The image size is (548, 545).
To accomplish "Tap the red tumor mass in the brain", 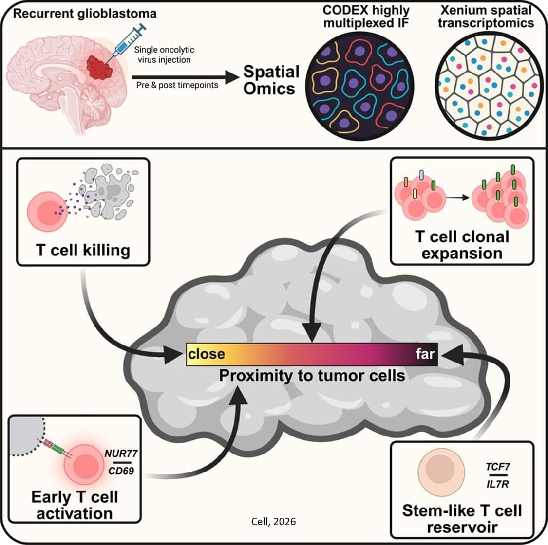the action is pyautogui.click(x=100, y=67).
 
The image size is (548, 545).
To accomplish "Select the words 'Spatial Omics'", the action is pyautogui.click(x=271, y=80).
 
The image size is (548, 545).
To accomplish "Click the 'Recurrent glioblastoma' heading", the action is pyautogui.click(x=85, y=14).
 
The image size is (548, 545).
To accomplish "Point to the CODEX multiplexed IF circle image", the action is pyautogui.click(x=359, y=86).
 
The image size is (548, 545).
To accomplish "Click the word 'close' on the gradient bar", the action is pyautogui.click(x=206, y=354).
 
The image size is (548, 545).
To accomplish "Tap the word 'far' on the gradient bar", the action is pyautogui.click(x=425, y=354).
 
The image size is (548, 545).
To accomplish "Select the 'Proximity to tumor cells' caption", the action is pyautogui.click(x=312, y=376).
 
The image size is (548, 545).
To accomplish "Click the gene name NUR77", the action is pyautogui.click(x=121, y=453).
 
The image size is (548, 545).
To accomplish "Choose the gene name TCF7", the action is pyautogui.click(x=498, y=467).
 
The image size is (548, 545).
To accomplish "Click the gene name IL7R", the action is pyautogui.click(x=498, y=484).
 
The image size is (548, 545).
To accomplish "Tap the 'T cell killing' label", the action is pyautogui.click(x=83, y=250).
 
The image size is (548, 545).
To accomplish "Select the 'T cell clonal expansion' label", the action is pyautogui.click(x=462, y=245).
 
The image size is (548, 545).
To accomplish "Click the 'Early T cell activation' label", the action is pyautogui.click(x=75, y=505).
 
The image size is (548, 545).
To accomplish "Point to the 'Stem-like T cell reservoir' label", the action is pyautogui.click(x=462, y=518).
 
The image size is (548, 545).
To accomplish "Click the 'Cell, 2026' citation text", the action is pyautogui.click(x=273, y=522).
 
